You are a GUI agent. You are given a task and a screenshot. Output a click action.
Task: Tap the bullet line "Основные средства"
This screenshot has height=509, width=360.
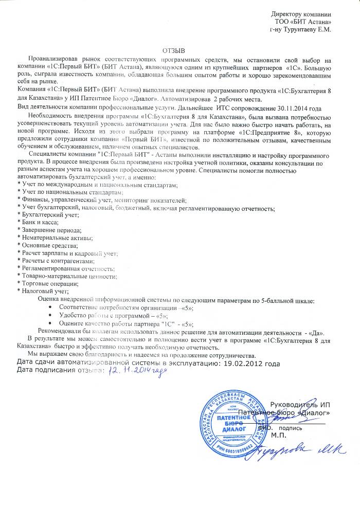(x=46, y=245)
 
